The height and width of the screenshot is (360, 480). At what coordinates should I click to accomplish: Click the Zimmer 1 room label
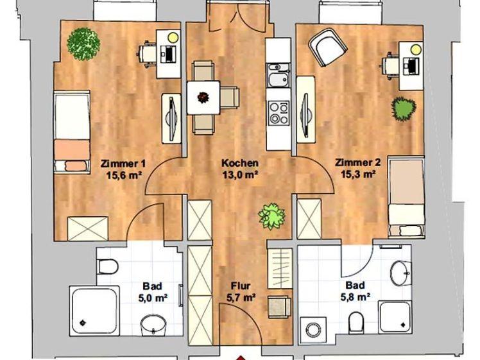[x=121, y=163]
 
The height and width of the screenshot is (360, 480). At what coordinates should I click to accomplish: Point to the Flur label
[x=241, y=286]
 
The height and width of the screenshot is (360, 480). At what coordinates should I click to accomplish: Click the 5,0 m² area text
[x=152, y=297]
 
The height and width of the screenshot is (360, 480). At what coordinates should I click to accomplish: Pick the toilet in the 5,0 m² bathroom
[x=107, y=265]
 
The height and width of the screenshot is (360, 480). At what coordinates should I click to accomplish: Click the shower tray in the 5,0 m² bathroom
[x=94, y=310]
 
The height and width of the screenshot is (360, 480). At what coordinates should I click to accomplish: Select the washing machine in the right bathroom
[x=313, y=329]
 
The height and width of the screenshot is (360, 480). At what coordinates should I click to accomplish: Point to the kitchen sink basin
[x=279, y=80]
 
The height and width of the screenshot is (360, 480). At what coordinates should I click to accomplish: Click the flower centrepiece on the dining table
[x=204, y=98]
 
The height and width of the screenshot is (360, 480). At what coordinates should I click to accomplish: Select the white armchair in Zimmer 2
[x=327, y=46]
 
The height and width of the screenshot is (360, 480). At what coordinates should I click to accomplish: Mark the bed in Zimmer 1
[x=71, y=132]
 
